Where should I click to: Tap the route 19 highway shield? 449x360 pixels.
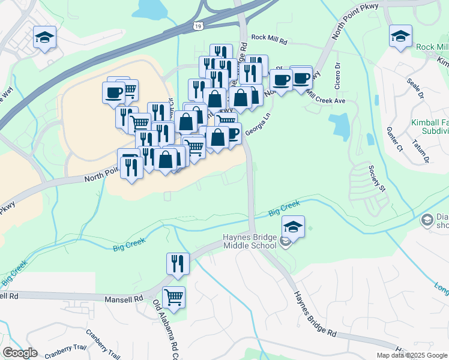198,25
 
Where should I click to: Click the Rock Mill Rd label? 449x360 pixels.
270,37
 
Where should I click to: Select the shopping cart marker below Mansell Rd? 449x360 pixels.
173,297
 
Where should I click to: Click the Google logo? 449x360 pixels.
20,353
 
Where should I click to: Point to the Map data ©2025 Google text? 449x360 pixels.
411,355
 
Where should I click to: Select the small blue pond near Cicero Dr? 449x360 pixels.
340,127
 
